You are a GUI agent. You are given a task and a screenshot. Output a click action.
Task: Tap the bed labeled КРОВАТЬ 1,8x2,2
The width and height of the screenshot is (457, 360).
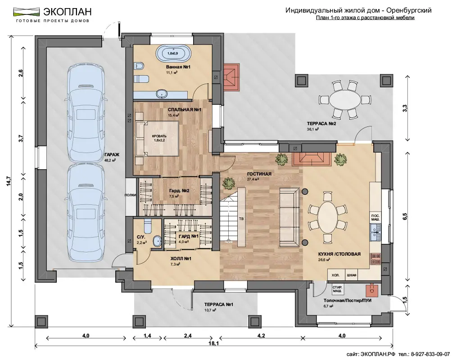[157, 138]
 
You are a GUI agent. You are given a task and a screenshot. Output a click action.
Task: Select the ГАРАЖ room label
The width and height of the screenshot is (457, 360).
[112, 155]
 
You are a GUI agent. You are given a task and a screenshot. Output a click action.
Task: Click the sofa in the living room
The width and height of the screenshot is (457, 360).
[290, 217]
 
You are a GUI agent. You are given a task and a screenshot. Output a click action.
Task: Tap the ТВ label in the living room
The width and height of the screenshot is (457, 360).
[241, 218]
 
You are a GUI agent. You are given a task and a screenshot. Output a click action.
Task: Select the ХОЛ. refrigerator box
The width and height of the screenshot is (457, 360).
[335, 275]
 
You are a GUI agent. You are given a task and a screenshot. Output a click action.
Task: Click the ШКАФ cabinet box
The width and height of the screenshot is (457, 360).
[352, 275]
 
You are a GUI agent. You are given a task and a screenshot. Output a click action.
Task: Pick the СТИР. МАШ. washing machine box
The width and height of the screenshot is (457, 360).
[338, 289]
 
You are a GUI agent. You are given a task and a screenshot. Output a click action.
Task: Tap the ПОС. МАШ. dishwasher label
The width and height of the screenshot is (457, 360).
[376, 217]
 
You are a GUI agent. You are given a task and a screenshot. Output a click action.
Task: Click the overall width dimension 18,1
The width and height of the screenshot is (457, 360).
[213, 343]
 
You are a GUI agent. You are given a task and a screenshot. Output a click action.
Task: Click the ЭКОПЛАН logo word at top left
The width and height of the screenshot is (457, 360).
[68, 11]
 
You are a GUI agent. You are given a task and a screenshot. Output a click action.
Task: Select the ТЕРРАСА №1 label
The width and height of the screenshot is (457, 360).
[218, 304]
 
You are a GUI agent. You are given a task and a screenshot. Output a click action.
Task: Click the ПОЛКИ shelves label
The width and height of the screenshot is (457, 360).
[130, 195]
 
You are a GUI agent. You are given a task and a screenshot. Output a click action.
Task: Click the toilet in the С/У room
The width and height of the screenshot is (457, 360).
[148, 225]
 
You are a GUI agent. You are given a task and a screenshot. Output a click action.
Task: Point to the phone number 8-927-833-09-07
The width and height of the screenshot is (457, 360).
[430, 354]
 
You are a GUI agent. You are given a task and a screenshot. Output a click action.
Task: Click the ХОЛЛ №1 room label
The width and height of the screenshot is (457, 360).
[181, 258]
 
